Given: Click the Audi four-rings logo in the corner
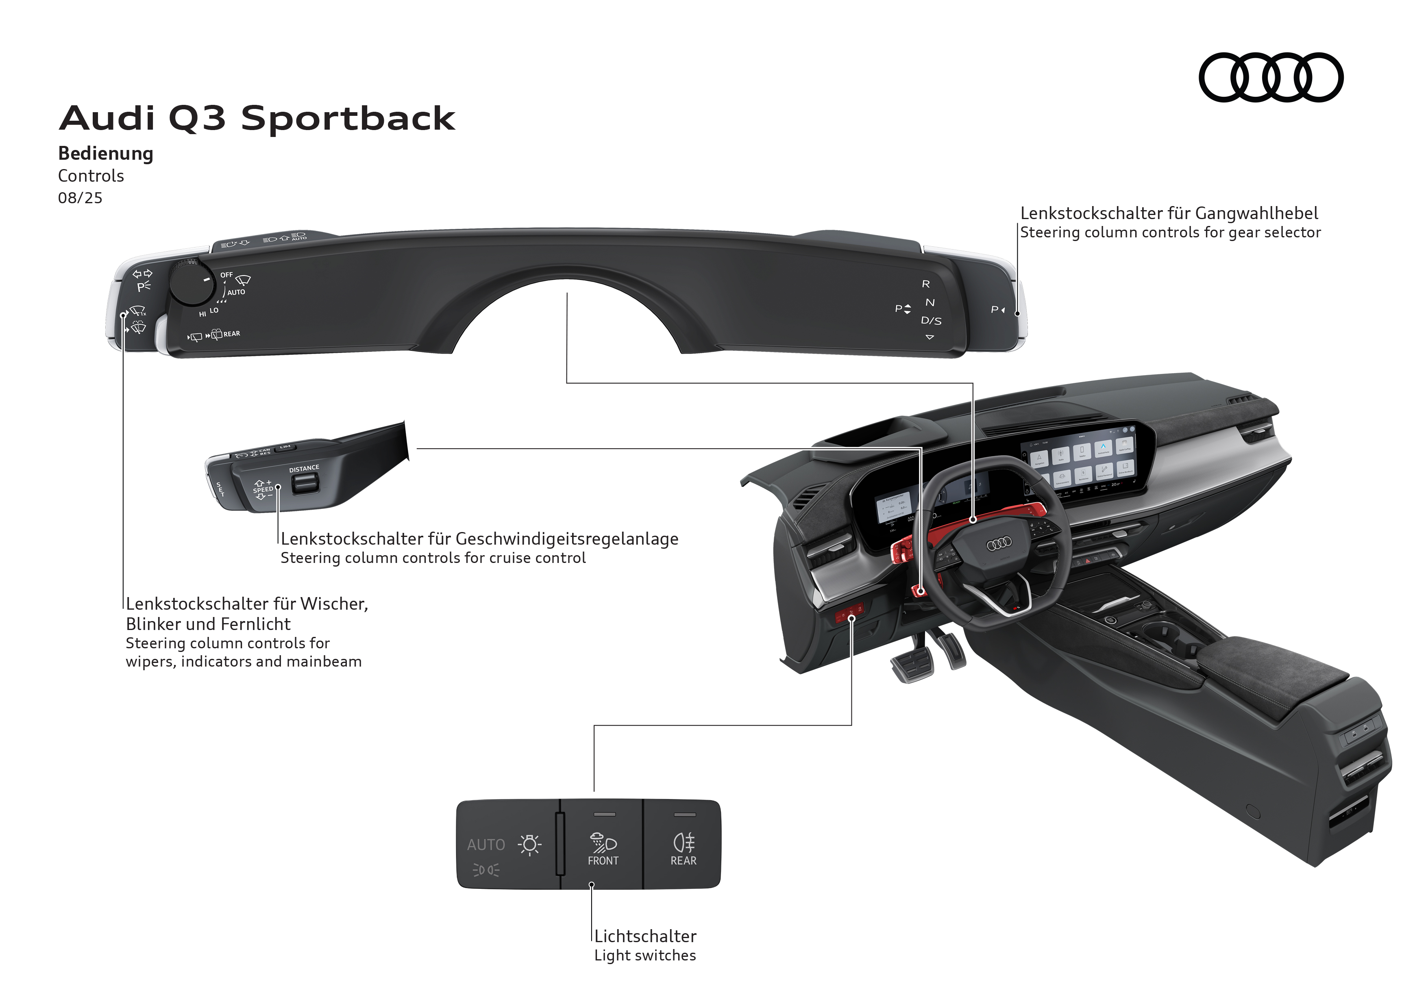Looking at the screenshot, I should (1271, 78).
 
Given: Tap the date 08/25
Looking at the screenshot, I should (80, 198).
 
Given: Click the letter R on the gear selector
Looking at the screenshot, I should (925, 284).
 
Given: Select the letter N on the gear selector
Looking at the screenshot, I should (930, 302).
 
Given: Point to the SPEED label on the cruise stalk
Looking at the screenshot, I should (263, 490).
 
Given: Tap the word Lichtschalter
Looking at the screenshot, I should (645, 936).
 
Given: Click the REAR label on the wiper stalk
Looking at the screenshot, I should (232, 334).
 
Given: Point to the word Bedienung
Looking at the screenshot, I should (106, 153).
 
